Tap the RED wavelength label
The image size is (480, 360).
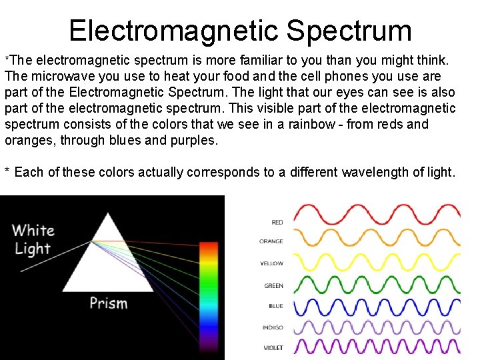pyautogui.click(x=277, y=222)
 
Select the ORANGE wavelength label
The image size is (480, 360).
pyautogui.click(x=271, y=241)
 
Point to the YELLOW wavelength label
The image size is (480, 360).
pyautogui.click(x=272, y=263)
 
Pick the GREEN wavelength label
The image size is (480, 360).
pyautogui.click(x=273, y=285)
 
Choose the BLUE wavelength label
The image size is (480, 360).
pyautogui.click(x=276, y=306)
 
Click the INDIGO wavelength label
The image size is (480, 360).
pyautogui.click(x=273, y=327)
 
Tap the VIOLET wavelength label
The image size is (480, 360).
pyautogui.click(x=273, y=347)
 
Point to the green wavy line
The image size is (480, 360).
pyautogui.click(x=377, y=285)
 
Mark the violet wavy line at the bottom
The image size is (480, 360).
pyautogui.click(x=377, y=347)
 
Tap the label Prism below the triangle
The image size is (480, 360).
pyautogui.click(x=108, y=303)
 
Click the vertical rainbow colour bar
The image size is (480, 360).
pyautogui.click(x=209, y=293)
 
